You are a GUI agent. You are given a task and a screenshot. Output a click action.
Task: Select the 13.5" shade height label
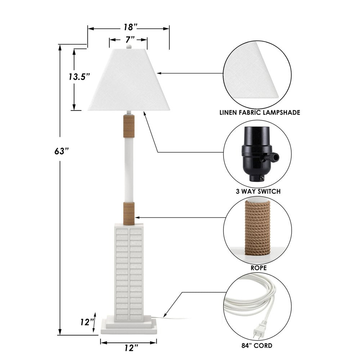pos(79,77)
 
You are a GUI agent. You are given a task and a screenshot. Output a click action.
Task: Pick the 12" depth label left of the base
pos(87,322)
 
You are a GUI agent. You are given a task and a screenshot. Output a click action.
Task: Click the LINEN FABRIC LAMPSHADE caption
pos(260,113)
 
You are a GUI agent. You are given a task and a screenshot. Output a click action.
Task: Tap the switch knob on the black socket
pos(274,157)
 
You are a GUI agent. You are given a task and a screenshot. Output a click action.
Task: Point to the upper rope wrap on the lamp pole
pos(129,126)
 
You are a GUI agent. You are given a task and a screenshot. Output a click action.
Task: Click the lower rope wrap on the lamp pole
pos(129,213)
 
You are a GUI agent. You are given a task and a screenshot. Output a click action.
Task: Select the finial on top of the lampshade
pos(129,46)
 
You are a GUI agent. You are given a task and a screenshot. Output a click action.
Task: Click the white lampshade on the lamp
pos(129,81)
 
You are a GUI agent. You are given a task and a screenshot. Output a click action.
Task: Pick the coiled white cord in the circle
pos(252,299)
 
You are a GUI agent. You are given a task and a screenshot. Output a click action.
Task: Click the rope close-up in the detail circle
pos(258,228)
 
